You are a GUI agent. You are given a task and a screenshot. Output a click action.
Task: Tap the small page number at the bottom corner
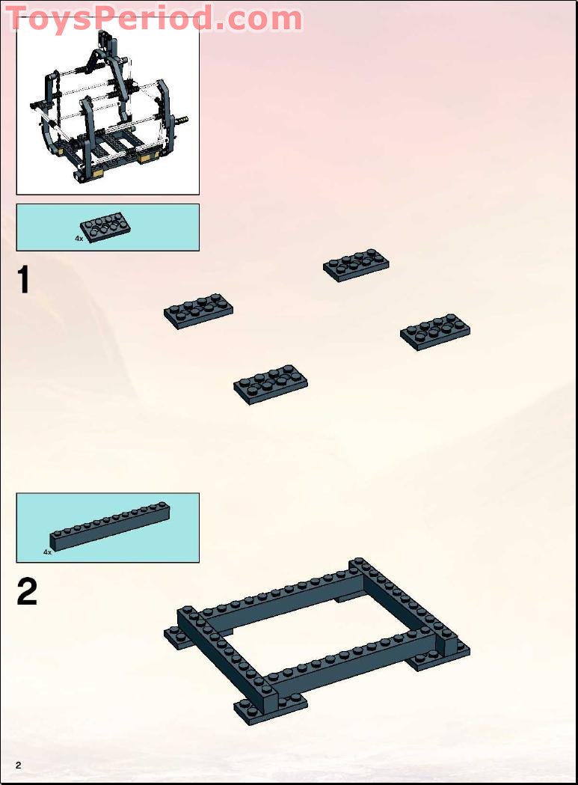18,764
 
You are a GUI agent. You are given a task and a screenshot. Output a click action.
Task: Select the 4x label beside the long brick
47,552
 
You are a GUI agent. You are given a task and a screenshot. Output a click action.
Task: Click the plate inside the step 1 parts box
106,227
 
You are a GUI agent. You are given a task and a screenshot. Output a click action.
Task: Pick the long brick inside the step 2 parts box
110,527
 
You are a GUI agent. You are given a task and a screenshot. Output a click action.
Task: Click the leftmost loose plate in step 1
198,311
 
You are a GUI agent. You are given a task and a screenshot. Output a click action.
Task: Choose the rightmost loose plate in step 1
435,332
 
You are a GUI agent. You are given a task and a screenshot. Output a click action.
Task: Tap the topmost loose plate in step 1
356,265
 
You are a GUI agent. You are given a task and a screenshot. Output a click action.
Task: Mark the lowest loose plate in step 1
271,385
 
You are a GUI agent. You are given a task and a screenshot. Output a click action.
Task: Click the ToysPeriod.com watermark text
155,18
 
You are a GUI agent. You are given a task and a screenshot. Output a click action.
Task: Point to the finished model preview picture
108,105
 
